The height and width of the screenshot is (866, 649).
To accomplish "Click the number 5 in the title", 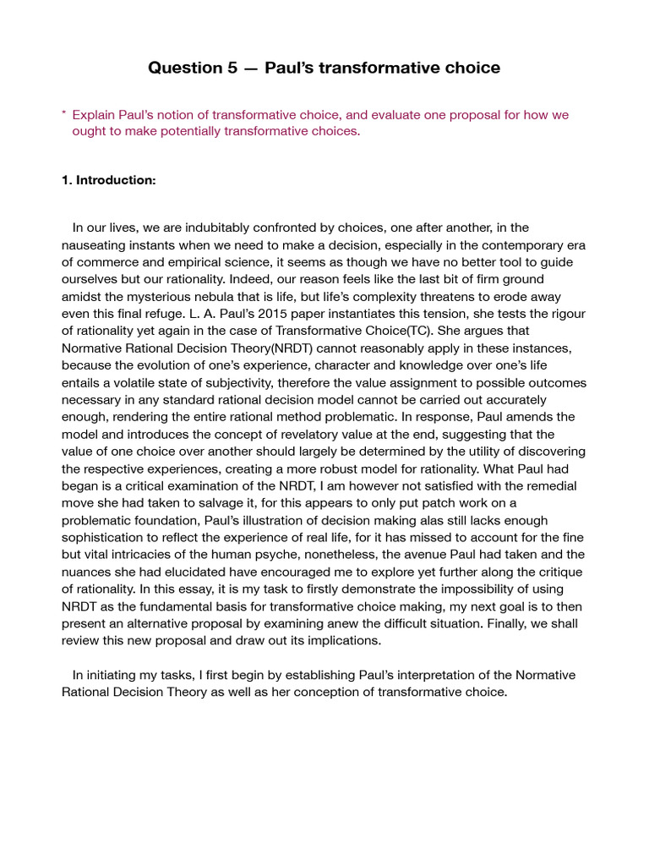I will click(x=232, y=68).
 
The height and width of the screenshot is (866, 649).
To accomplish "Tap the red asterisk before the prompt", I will click(x=64, y=114).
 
